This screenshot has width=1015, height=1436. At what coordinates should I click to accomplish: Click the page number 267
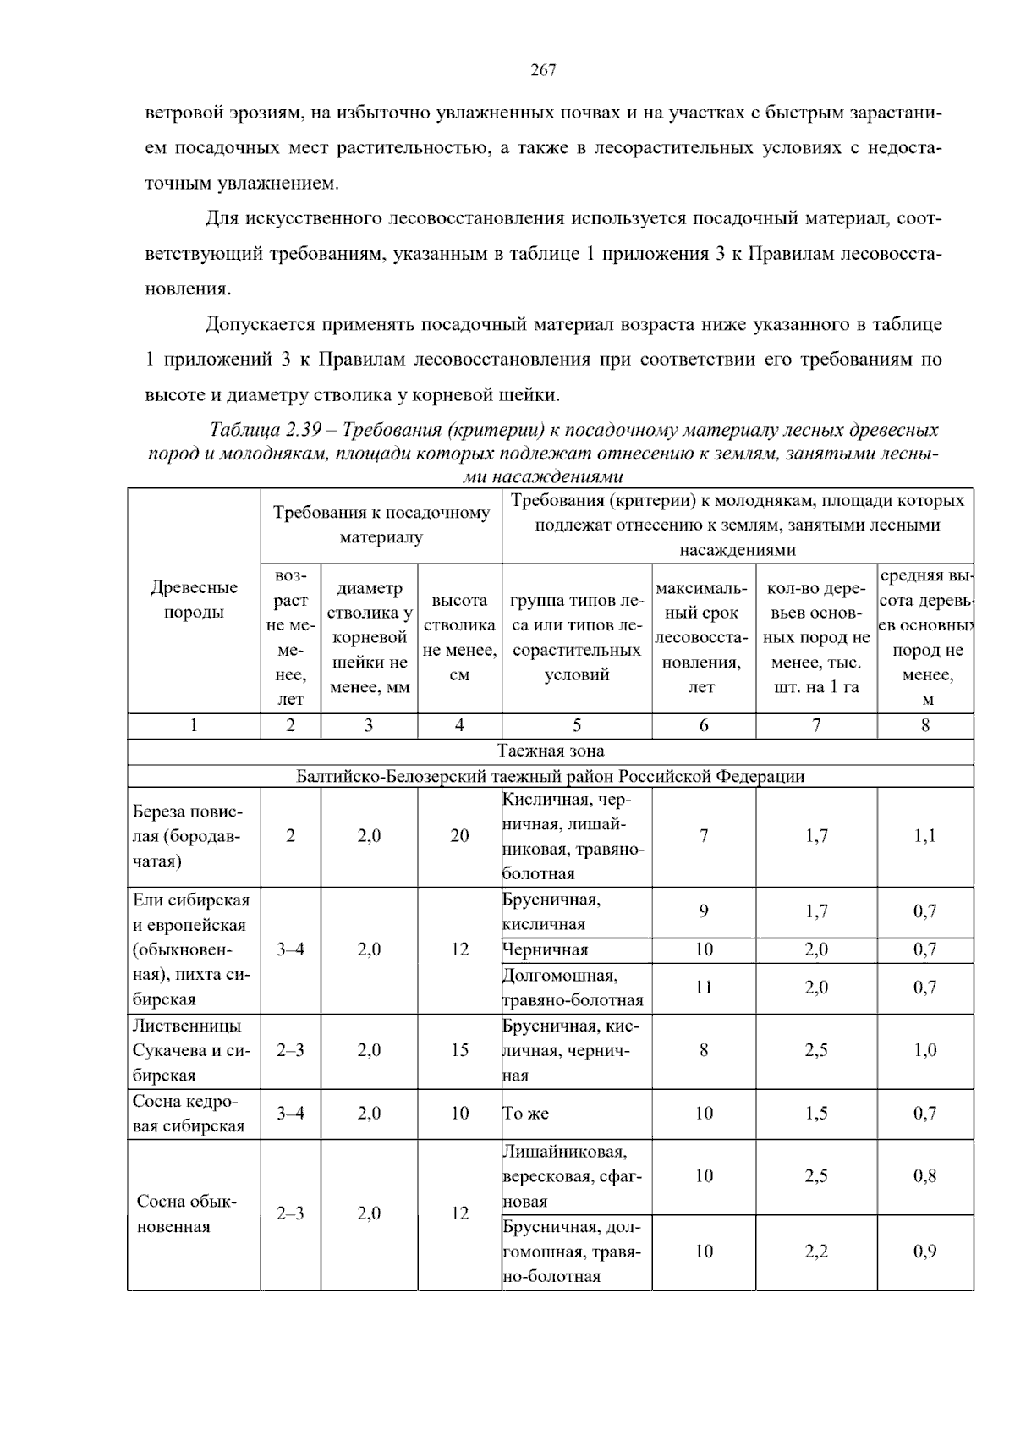point(543,71)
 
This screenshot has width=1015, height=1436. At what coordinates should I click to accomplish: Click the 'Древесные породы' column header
point(194,599)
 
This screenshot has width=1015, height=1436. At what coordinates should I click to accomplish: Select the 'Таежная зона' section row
point(551,751)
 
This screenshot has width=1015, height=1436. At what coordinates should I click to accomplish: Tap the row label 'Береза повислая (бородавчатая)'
point(188,836)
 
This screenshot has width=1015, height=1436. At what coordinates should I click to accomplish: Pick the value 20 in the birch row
point(459,836)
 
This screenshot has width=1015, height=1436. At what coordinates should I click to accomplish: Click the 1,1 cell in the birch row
point(924,836)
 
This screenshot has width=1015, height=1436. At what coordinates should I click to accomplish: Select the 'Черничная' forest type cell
point(546,949)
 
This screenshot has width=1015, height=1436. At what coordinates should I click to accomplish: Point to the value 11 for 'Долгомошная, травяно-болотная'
point(704,987)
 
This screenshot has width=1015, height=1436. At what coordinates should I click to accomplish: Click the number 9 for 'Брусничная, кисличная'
point(704,911)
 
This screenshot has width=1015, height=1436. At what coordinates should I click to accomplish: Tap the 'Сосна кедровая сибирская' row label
point(189,1114)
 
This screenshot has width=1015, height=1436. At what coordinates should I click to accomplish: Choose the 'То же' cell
point(526,1114)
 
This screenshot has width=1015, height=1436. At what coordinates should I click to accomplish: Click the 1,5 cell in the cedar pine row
point(816,1114)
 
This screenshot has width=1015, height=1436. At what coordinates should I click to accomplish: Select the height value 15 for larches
point(459,1050)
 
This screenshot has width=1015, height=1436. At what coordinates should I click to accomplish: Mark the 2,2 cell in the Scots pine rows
point(816,1252)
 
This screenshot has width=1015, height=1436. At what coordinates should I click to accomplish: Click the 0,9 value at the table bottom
point(924,1252)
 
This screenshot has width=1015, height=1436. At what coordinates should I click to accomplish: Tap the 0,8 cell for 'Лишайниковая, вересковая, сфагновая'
point(924,1176)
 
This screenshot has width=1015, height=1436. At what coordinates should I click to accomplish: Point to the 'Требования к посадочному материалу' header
point(381,525)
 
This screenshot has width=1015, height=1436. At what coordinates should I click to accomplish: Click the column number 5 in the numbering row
point(577,725)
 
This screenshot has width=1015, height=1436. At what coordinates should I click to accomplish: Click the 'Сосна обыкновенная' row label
point(187,1214)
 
